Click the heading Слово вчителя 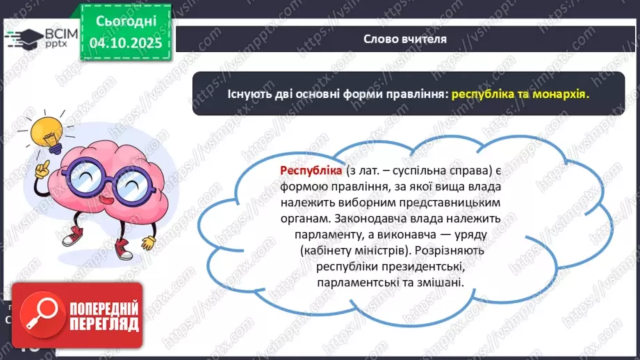pos(405,40)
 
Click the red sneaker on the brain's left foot pos(72,238)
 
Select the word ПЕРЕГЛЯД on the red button pos(103,324)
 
